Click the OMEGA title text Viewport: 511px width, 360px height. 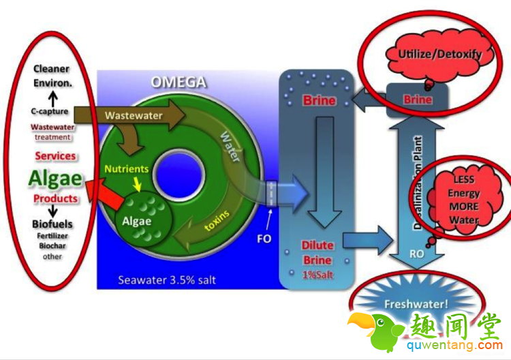179,83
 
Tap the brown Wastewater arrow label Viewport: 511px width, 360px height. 134,115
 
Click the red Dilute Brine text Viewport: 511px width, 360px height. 318,252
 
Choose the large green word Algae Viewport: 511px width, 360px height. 55,179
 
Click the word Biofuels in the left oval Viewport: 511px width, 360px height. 52,224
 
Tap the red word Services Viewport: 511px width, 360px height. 55,156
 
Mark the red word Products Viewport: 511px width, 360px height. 55,198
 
